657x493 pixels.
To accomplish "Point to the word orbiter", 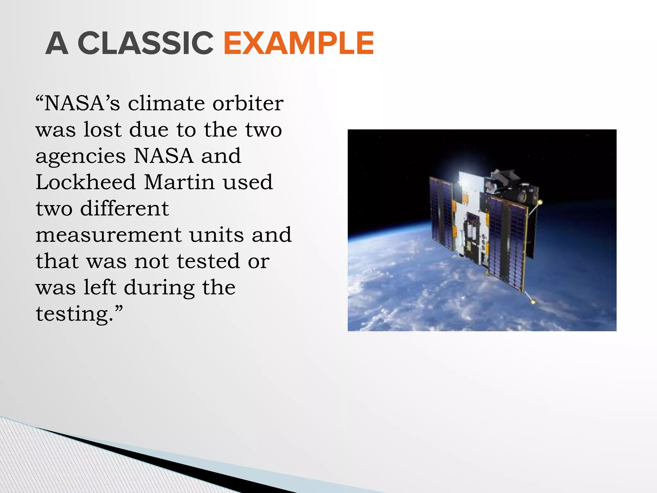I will click(x=248, y=103).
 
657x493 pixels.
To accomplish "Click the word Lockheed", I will click(x=85, y=182).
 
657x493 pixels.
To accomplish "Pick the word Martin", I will click(x=179, y=182).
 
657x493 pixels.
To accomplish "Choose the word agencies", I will click(x=81, y=157).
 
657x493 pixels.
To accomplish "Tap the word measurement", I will click(x=108, y=235).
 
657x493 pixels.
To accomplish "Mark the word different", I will click(x=124, y=208).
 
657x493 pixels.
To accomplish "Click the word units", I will click(x=217, y=235).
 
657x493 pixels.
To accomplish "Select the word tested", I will click(x=208, y=261).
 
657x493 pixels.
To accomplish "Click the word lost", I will click(x=102, y=130).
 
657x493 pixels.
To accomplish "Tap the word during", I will click(x=159, y=287).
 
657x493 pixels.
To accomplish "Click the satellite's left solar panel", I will click(x=441, y=213).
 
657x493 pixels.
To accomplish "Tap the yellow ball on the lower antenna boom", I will click(x=533, y=301).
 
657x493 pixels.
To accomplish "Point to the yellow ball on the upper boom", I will click(x=540, y=202).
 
